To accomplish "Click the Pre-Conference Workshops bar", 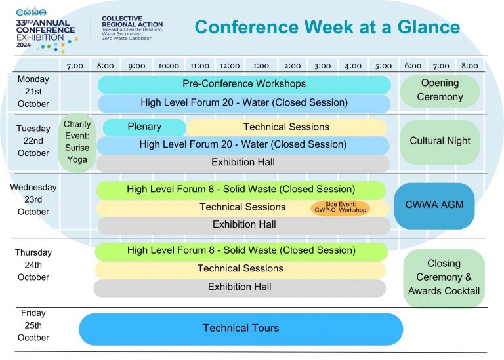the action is click(x=244, y=85).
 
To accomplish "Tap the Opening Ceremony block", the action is click(x=440, y=91).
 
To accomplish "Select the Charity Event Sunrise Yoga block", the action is click(x=77, y=142).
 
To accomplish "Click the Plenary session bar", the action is click(x=144, y=127).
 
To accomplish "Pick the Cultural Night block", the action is click(x=440, y=142).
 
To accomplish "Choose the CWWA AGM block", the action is click(x=434, y=205).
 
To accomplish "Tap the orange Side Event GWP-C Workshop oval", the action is click(x=341, y=208).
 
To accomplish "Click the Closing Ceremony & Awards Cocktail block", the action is click(x=444, y=278).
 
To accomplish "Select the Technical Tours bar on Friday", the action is click(x=241, y=329).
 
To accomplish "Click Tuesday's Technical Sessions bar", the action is click(x=286, y=127).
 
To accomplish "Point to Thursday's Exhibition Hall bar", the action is click(x=240, y=288).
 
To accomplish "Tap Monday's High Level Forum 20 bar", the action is click(x=244, y=104).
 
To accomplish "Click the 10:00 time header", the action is click(x=169, y=66).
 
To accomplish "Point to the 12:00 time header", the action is click(x=230, y=66).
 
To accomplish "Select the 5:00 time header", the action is click(x=384, y=66).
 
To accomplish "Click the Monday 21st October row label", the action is click(x=33, y=92).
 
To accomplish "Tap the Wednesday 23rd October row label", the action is click(x=33, y=199).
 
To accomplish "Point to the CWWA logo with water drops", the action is click(x=31, y=12).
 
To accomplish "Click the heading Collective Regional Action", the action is click(x=133, y=22).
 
